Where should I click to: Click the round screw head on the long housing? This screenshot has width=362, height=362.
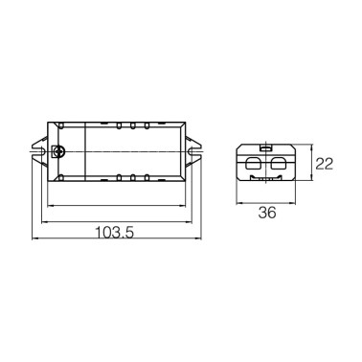click(59, 151)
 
